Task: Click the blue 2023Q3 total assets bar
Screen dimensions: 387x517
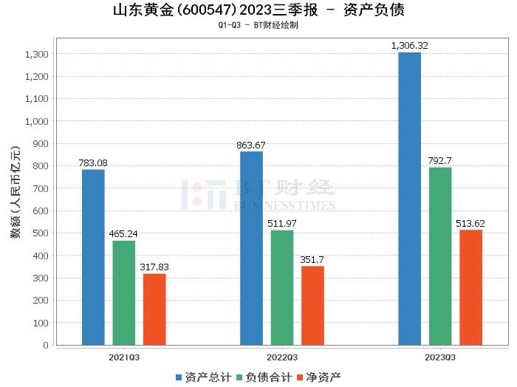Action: click(x=409, y=198)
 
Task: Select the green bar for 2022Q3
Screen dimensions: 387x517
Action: click(x=281, y=287)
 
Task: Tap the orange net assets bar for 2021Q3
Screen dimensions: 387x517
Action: click(x=154, y=309)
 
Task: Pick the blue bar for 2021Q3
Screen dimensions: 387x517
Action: click(x=93, y=257)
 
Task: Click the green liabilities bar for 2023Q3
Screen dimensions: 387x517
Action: click(x=440, y=256)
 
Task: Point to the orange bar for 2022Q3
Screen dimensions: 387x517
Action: click(x=312, y=305)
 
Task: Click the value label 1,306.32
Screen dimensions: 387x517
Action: click(x=410, y=46)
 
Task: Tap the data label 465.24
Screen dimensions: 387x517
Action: click(x=124, y=234)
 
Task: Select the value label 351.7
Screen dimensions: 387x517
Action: click(x=312, y=259)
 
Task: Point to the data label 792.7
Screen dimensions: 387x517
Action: click(x=440, y=161)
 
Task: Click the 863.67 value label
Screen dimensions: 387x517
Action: click(x=251, y=145)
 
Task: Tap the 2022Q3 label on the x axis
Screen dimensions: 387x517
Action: click(x=281, y=357)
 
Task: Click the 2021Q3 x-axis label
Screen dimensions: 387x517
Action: click(x=124, y=357)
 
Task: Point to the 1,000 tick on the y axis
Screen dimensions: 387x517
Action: click(x=37, y=121)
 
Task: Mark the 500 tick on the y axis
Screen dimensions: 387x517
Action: click(x=41, y=233)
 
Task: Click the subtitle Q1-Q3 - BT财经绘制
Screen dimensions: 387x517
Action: click(x=258, y=25)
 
